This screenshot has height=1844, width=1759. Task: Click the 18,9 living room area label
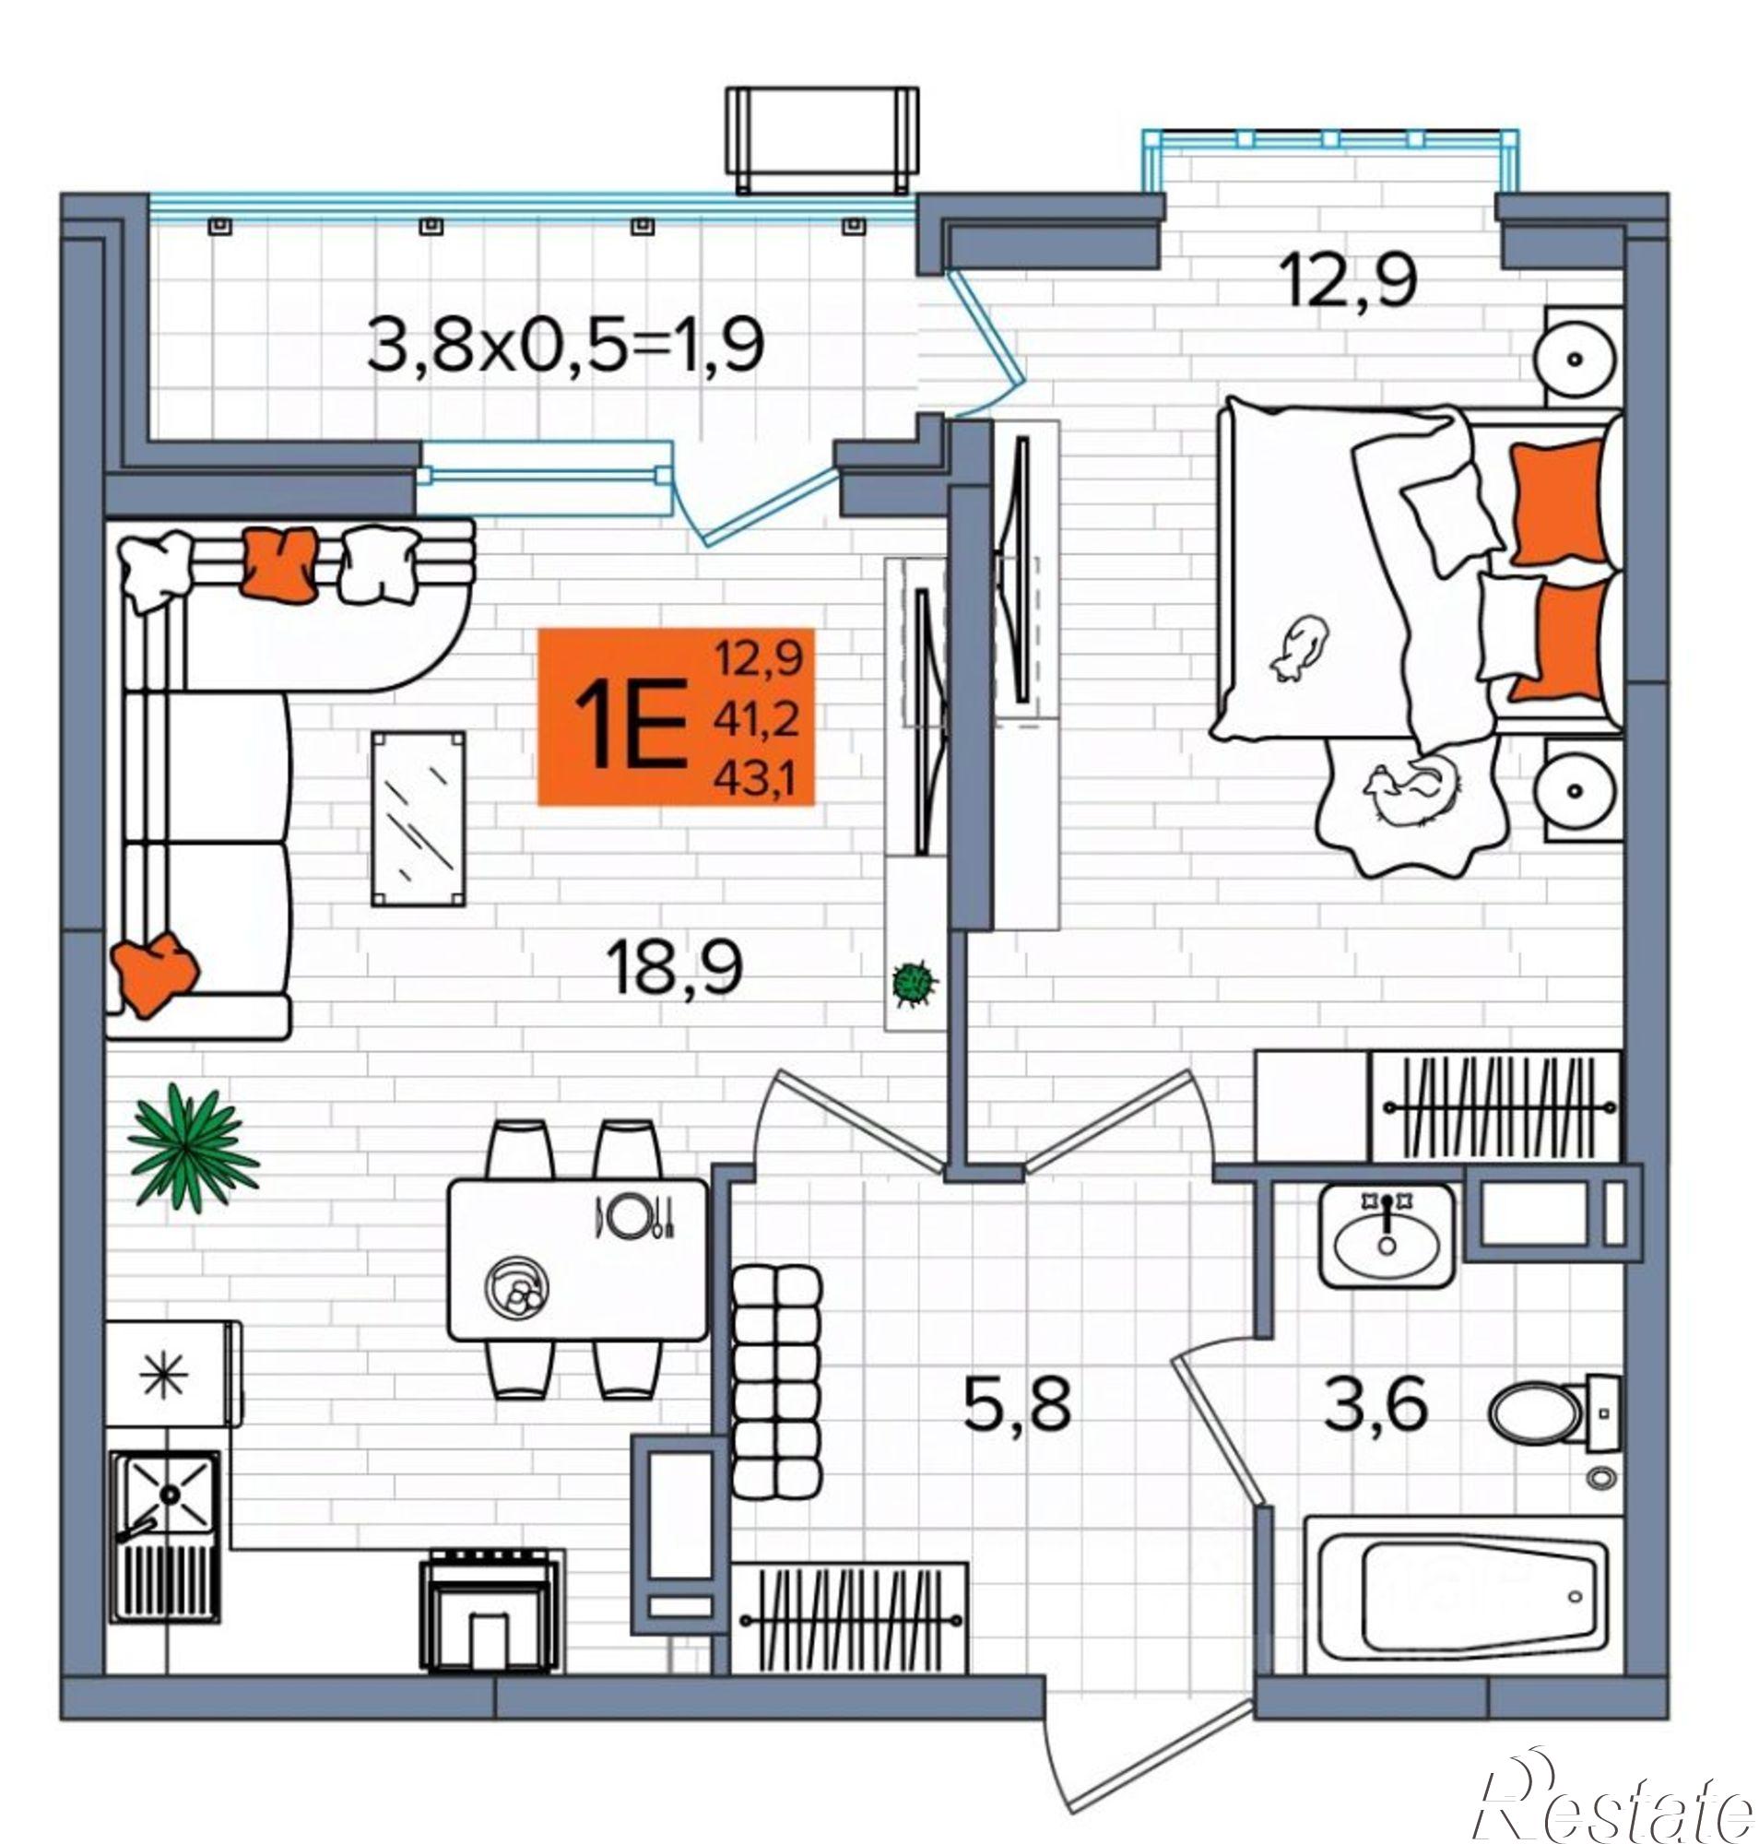coord(675,969)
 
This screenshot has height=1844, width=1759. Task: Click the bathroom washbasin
coord(1387,1237)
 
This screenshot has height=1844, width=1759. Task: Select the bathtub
coord(1462,1594)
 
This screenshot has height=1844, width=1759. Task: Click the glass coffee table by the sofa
coord(419,819)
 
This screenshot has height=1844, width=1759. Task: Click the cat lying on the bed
coord(1300,647)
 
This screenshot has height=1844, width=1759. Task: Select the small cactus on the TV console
coord(914,983)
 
